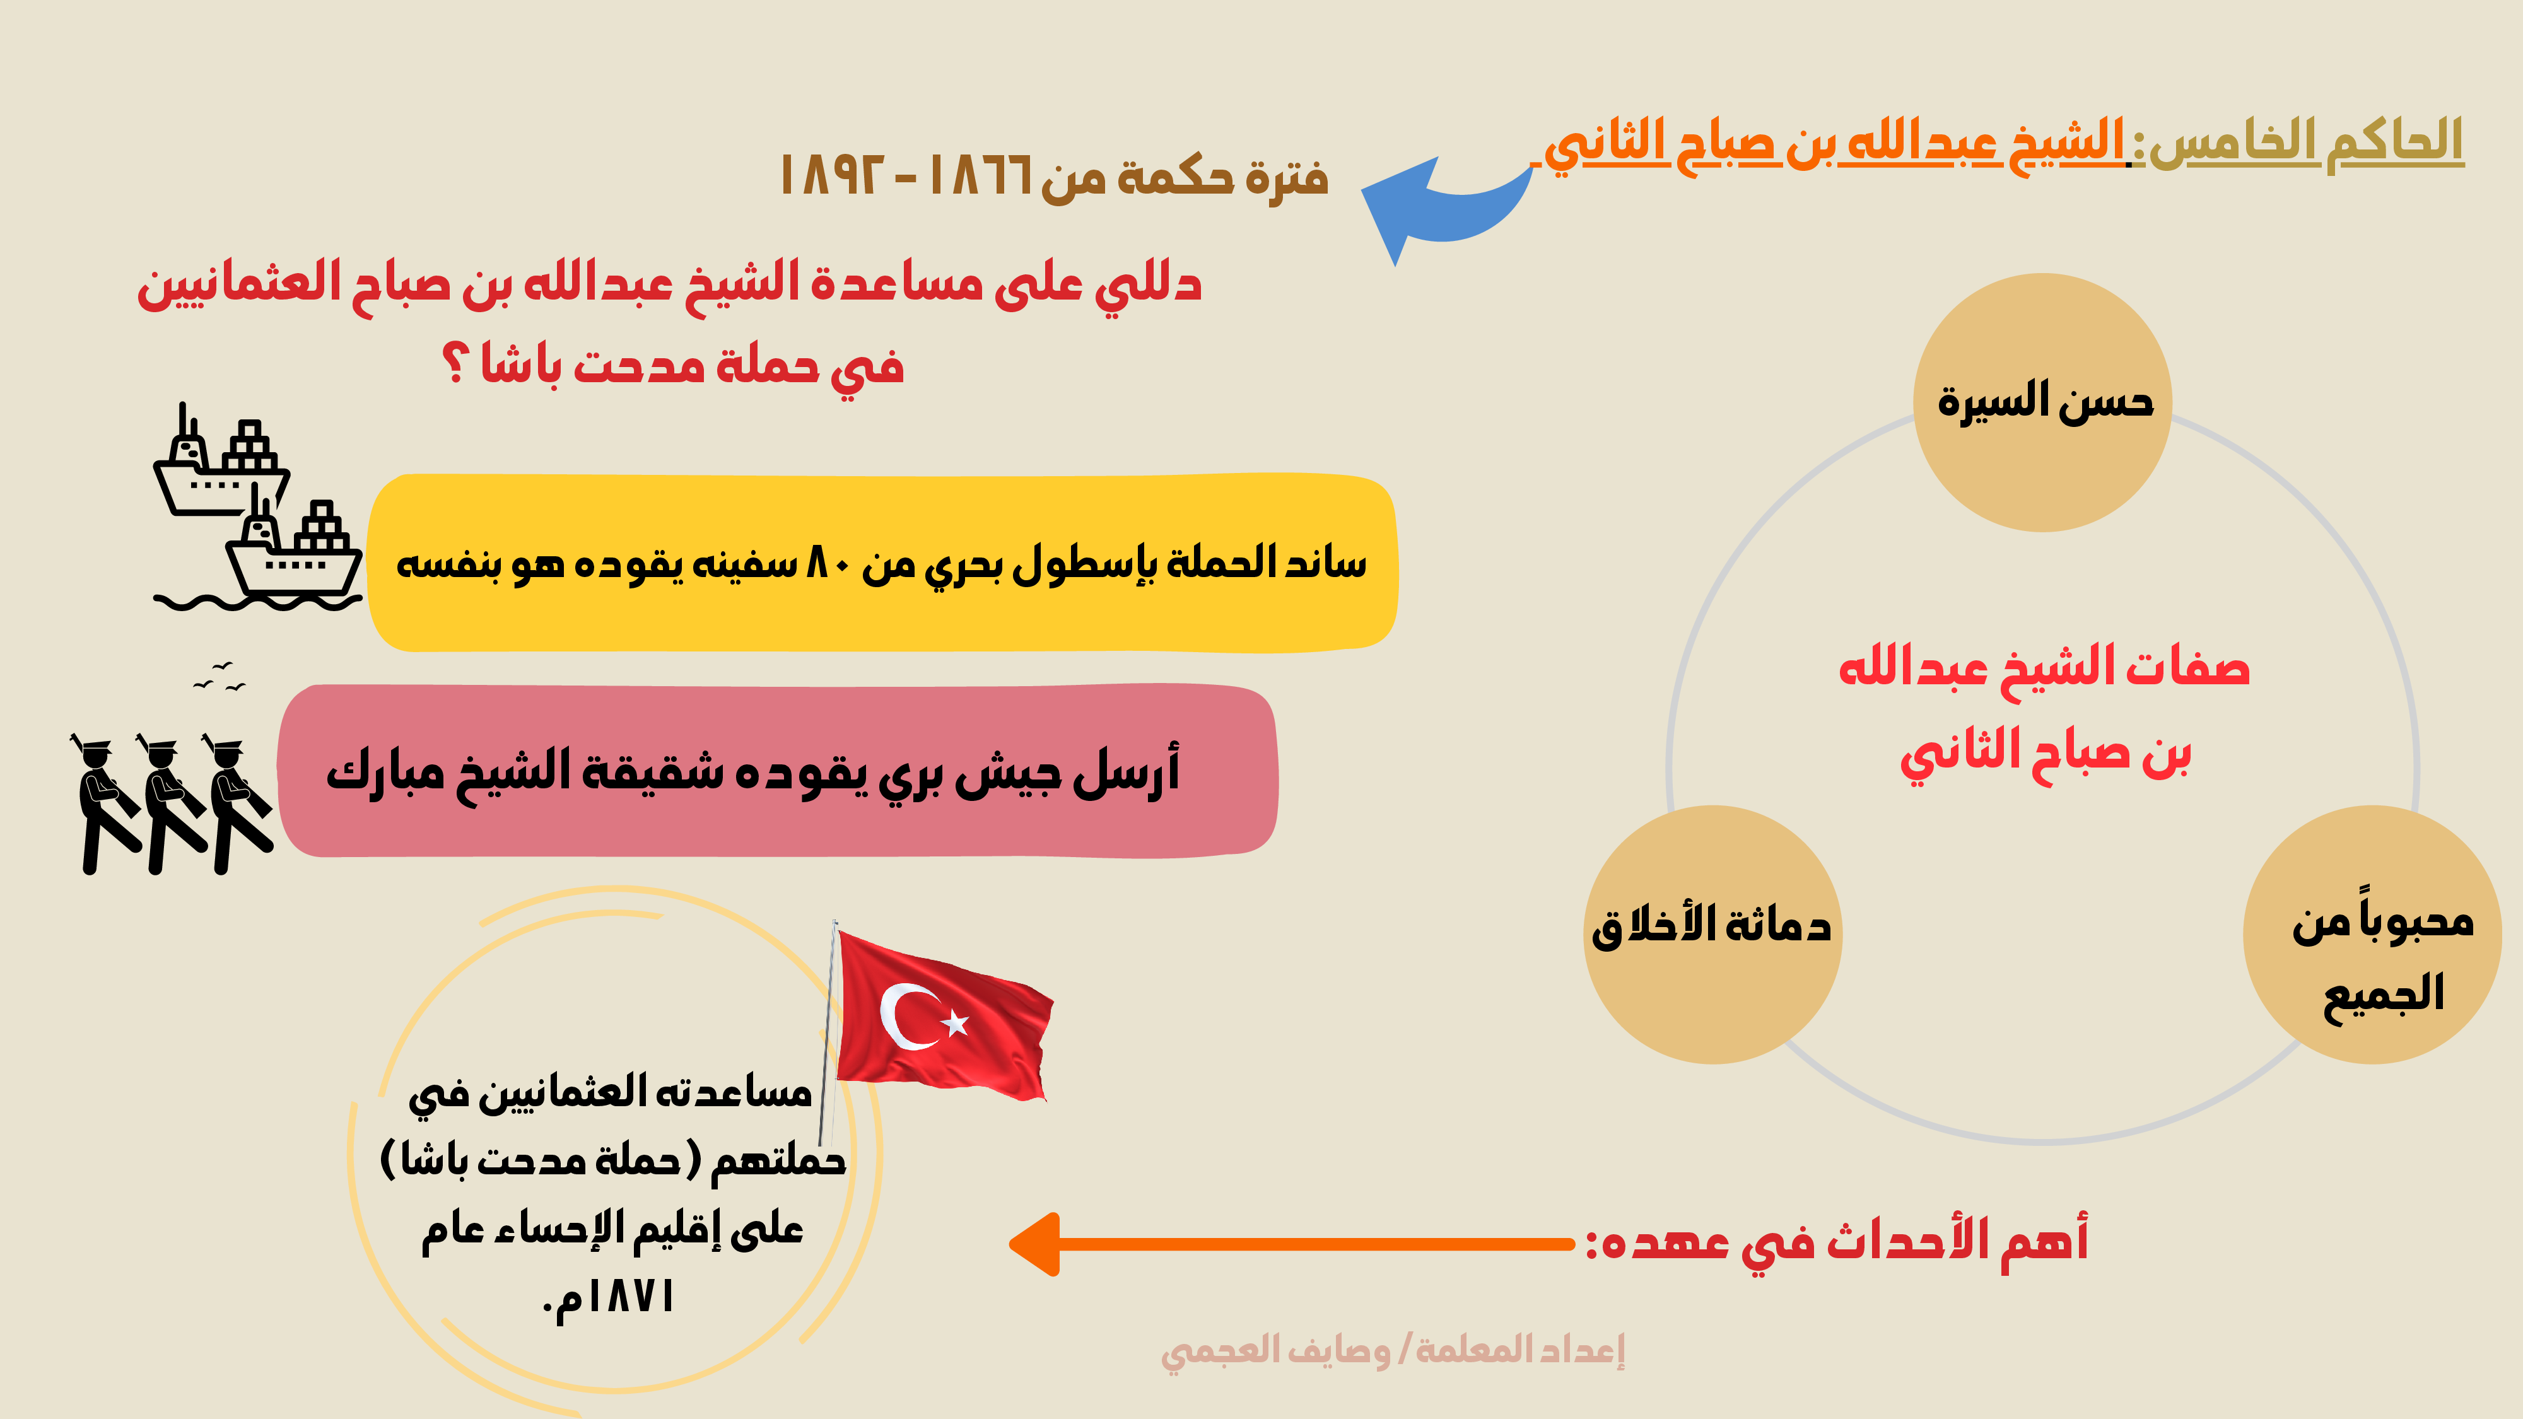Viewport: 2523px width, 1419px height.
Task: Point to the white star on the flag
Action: [955, 1024]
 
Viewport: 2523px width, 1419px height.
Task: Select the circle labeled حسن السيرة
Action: [2042, 402]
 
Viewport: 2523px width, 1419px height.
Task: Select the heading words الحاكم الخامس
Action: [2305, 141]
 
